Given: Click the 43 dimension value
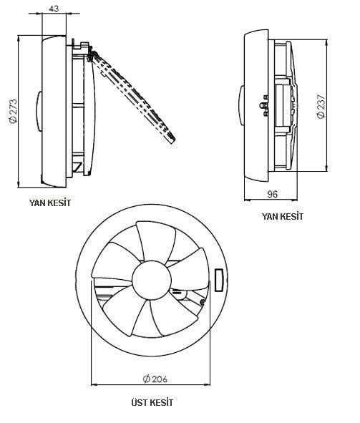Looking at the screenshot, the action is tap(54, 9).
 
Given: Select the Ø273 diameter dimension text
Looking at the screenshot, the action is tap(13, 111).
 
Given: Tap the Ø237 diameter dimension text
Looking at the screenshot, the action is tap(321, 106).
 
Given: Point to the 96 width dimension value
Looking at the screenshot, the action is tap(272, 194).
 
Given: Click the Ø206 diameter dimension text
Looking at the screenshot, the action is tap(155, 379).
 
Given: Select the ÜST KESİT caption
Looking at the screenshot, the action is tap(152, 403).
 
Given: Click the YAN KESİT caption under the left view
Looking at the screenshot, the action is tap(50, 203).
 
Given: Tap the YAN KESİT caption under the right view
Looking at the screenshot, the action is tap(282, 216).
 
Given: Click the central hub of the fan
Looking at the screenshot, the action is tap(152, 280).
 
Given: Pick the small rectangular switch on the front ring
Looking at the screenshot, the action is tap(219, 281).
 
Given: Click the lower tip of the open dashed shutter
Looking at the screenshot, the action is tap(172, 141).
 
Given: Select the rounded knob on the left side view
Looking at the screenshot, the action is tap(39, 111).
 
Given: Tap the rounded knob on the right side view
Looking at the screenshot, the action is tap(242, 105).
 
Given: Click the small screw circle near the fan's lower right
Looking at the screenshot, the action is tap(203, 303).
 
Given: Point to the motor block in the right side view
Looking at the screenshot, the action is tap(282, 105).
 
